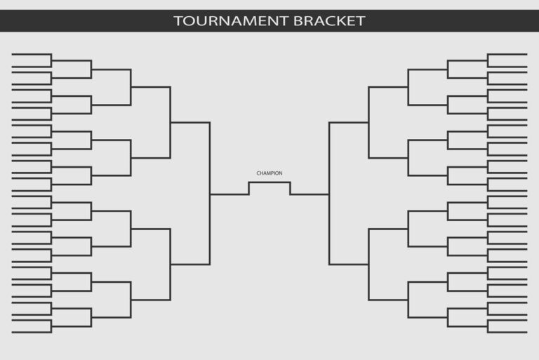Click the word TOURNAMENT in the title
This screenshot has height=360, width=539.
230,21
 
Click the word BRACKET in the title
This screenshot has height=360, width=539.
329,21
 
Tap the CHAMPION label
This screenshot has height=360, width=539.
269,173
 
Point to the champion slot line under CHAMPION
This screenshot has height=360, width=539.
269,182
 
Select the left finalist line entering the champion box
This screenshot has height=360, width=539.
229,194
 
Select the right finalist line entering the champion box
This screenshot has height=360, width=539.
310,194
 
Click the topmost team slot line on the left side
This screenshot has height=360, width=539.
32,54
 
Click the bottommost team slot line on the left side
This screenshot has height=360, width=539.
32,333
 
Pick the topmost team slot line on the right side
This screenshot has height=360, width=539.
507,54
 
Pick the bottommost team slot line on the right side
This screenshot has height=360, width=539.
507,333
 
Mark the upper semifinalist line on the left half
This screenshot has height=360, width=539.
190,122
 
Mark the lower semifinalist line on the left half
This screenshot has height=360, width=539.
190,265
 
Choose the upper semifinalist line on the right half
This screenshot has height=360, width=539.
349,122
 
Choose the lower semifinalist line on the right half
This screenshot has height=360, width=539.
349,265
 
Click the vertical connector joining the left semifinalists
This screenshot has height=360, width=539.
210,193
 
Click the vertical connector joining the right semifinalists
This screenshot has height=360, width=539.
329,193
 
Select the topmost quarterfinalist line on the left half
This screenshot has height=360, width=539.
151,87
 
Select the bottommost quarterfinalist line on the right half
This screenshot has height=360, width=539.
388,300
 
